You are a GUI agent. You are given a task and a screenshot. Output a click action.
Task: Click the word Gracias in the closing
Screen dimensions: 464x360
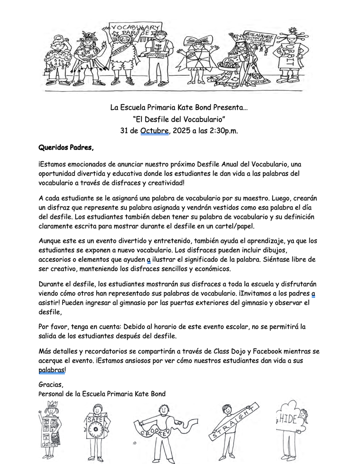click(51, 385)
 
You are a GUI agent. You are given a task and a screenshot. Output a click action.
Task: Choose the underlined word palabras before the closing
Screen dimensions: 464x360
click(52, 370)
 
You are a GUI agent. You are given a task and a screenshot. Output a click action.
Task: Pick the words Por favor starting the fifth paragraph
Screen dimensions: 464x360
click(54, 326)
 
